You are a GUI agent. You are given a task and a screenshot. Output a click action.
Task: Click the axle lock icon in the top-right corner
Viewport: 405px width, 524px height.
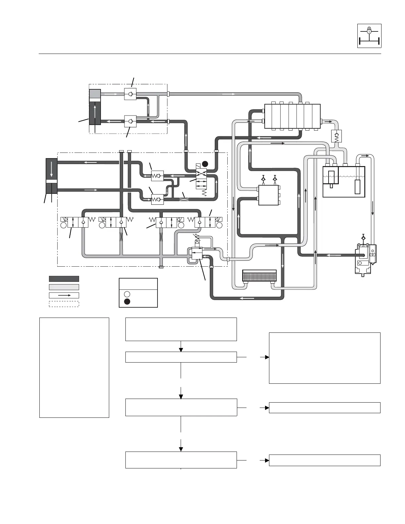click(x=369, y=36)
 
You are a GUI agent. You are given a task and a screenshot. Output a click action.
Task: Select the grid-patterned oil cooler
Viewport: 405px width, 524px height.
click(x=259, y=275)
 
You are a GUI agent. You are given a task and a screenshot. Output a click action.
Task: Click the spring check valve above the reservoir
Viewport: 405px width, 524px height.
click(x=337, y=136)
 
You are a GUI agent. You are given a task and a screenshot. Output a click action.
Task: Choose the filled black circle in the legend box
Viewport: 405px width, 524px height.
click(x=127, y=301)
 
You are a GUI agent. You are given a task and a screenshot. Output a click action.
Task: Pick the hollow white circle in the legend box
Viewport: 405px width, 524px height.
click(x=127, y=294)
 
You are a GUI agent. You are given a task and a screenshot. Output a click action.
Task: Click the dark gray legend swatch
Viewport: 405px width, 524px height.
click(x=64, y=279)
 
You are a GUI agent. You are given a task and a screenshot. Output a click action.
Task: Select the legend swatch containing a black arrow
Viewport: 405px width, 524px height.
click(x=64, y=295)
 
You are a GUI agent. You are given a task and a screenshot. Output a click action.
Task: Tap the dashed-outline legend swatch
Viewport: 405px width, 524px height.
click(x=64, y=304)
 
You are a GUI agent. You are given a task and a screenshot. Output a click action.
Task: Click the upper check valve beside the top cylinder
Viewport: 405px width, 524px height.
click(x=130, y=94)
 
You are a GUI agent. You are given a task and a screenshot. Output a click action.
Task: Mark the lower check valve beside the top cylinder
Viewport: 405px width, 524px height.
click(x=130, y=121)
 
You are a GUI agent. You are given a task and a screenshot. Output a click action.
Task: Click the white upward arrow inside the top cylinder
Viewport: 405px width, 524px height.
click(x=95, y=111)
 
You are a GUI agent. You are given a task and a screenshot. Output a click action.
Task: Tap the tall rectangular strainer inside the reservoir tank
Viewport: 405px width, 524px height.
click(x=357, y=187)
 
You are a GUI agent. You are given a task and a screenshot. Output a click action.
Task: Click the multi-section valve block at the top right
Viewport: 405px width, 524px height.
click(x=292, y=116)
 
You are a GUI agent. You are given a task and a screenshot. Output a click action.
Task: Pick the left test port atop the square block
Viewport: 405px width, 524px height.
click(x=263, y=179)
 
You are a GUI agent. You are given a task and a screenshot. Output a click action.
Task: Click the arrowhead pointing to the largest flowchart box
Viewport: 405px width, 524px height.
click(x=267, y=357)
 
